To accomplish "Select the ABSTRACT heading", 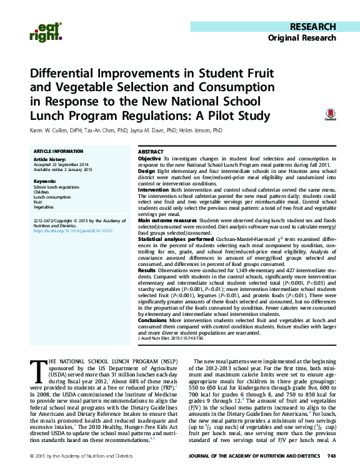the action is [150, 152].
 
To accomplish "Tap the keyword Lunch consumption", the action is [53, 197].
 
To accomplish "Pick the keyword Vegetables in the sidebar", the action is [44, 207].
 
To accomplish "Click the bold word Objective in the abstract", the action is [149, 160].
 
